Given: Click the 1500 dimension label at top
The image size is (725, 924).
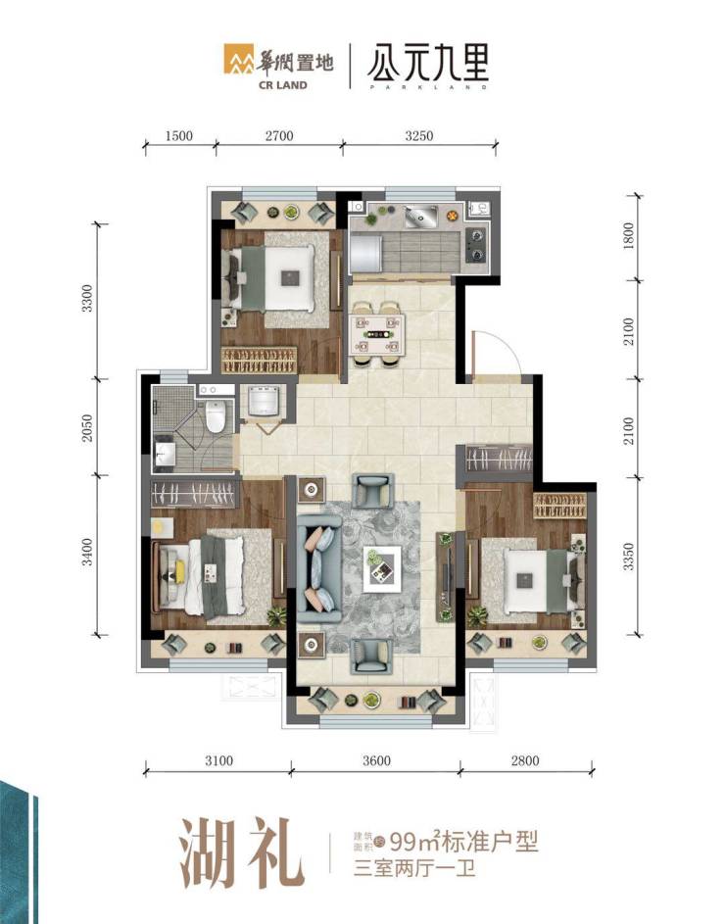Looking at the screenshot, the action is [178, 136].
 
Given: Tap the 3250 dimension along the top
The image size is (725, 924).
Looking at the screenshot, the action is [419, 136].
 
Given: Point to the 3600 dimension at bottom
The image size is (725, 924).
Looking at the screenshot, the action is [376, 760].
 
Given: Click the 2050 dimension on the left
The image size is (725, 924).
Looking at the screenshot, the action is [87, 428].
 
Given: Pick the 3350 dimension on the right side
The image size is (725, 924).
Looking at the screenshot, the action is [628, 557].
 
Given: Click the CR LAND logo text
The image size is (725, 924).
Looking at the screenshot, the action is [283, 85].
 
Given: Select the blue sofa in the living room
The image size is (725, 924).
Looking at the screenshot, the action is [318, 568].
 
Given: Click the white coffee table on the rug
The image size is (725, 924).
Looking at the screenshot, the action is [382, 568].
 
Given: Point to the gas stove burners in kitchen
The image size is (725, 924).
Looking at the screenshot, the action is [475, 245].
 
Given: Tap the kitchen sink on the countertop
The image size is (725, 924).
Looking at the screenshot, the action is [420, 217].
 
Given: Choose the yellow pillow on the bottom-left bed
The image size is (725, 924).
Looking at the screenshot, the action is [179, 569].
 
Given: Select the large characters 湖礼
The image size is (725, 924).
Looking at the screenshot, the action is [242, 853].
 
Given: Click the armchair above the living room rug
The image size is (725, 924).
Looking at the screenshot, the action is [372, 491].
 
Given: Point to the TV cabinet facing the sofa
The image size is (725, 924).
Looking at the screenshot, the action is [446, 576].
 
